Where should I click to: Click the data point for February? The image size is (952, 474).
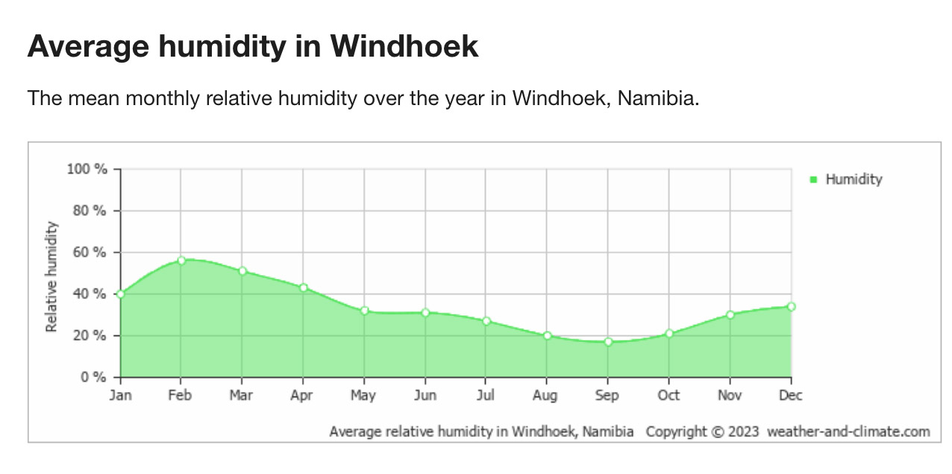coord(181,261)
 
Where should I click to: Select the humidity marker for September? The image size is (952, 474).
coord(608,342)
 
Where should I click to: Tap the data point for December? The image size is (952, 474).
coord(791,306)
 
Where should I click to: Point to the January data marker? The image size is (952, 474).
coord(121,294)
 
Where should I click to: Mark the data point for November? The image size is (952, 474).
coord(730,315)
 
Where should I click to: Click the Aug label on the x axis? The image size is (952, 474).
coord(545,396)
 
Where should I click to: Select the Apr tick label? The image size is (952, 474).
coord(302,396)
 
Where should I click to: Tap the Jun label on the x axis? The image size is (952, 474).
coord(424,396)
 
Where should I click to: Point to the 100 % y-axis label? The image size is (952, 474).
coord(87,169)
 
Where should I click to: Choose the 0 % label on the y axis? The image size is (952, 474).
coord(94,377)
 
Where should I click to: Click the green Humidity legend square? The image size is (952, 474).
coord(813,180)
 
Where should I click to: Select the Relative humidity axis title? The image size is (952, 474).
coord(51,276)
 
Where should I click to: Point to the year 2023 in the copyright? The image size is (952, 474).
coord(745,432)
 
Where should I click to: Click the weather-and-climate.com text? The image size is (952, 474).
coord(848,432)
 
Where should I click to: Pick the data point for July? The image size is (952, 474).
coord(486,321)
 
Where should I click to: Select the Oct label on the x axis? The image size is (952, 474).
coord(668,396)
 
